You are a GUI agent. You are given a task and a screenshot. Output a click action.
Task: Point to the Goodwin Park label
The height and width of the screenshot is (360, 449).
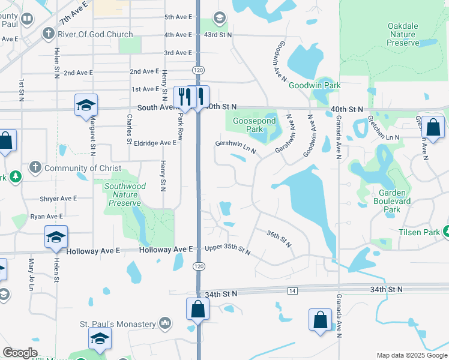click(x=315, y=86)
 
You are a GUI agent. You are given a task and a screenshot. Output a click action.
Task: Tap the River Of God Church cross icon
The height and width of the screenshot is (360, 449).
click(x=47, y=34)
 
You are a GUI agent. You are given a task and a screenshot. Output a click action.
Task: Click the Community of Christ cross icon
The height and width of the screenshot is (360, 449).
click(x=35, y=168)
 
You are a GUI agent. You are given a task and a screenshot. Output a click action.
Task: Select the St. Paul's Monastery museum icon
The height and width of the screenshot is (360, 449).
click(x=166, y=324)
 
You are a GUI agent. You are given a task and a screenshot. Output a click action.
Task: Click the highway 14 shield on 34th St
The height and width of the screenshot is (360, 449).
click(x=292, y=291)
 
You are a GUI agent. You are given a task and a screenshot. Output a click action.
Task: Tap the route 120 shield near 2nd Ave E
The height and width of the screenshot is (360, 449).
click(x=197, y=70)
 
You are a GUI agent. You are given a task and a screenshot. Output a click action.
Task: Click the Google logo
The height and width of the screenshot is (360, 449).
click(x=20, y=353)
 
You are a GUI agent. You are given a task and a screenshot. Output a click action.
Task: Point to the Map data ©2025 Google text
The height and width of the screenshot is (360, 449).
click(x=411, y=355)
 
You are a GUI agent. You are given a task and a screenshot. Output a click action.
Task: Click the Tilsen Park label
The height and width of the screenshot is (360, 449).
click(x=418, y=232)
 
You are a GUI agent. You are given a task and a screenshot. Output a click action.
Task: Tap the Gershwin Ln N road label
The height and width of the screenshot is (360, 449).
click(x=236, y=147)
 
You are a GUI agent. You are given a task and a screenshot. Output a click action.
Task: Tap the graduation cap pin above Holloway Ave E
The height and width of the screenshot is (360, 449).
click(x=56, y=238)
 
